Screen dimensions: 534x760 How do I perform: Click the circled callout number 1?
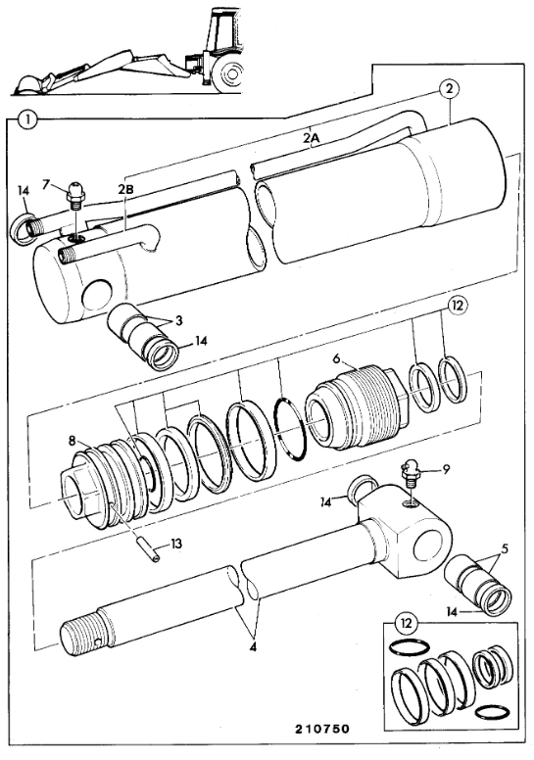click(28, 119)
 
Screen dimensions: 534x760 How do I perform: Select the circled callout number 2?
click(449, 89)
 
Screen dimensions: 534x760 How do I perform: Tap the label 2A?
click(312, 138)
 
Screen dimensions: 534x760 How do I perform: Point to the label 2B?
click(126, 190)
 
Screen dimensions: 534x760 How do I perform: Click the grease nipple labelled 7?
click(75, 194)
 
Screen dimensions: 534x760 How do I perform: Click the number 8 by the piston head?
click(73, 440)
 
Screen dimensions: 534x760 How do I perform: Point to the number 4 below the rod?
click(253, 647)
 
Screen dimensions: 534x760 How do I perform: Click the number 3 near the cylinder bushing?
click(179, 320)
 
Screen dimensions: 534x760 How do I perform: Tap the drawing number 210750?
click(322, 729)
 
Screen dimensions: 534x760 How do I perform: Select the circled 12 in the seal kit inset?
click(406, 623)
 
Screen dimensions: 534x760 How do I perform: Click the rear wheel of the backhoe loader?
click(228, 75)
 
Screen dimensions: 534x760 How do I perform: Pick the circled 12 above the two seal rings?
click(458, 306)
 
